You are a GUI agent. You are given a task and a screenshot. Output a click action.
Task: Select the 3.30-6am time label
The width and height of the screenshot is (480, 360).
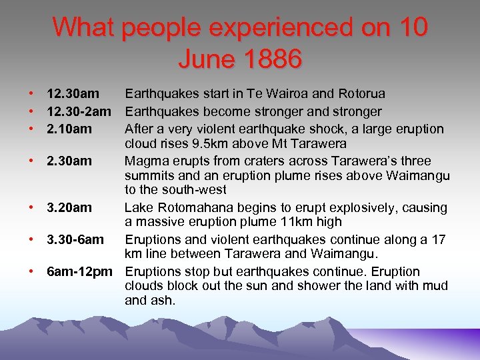tap(75, 239)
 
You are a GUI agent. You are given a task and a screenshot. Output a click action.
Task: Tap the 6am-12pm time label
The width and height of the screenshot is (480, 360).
tap(80, 271)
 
